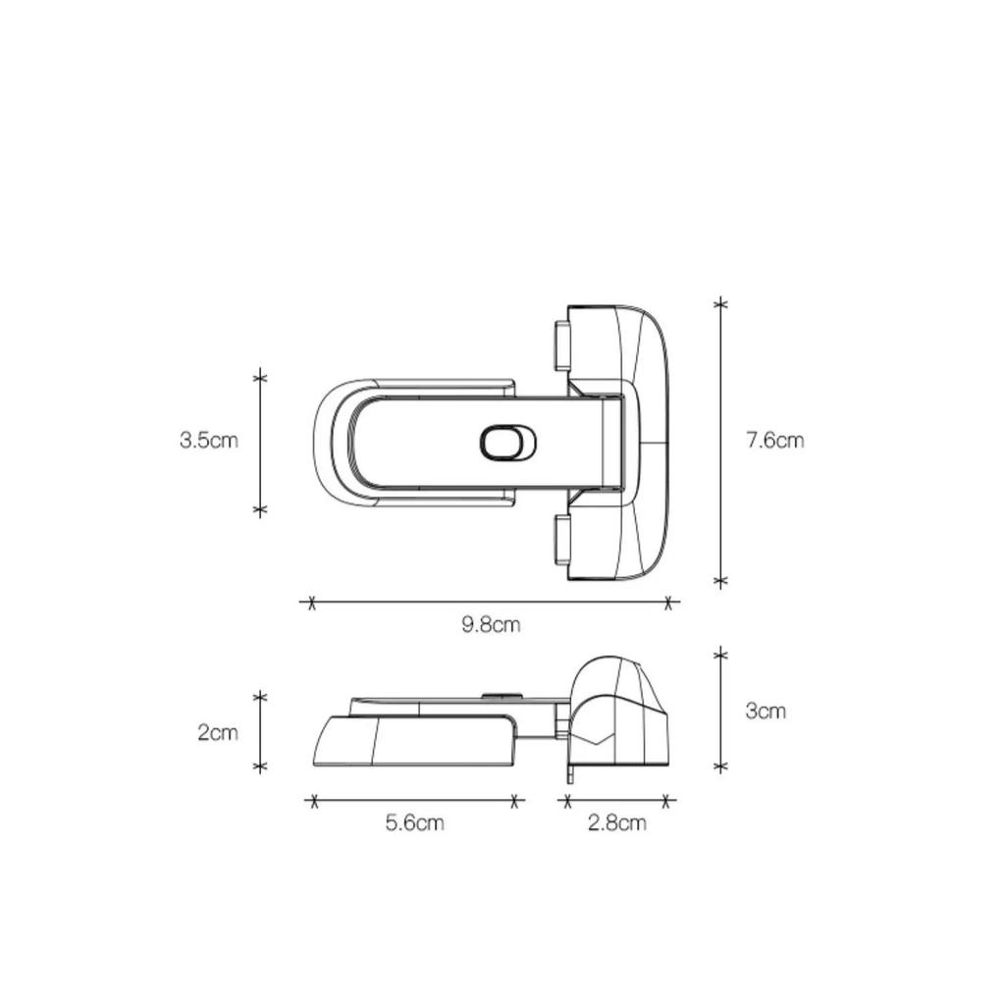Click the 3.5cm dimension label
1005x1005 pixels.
point(209,441)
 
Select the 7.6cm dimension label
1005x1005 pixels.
point(774,441)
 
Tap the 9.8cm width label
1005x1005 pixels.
point(491,624)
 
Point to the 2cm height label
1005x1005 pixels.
point(218,732)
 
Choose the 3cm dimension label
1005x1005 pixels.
point(766,711)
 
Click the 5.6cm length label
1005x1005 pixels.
point(415,822)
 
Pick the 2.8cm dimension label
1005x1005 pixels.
point(617,822)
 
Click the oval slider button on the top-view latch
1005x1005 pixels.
point(508,443)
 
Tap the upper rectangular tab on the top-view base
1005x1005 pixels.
point(562,345)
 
